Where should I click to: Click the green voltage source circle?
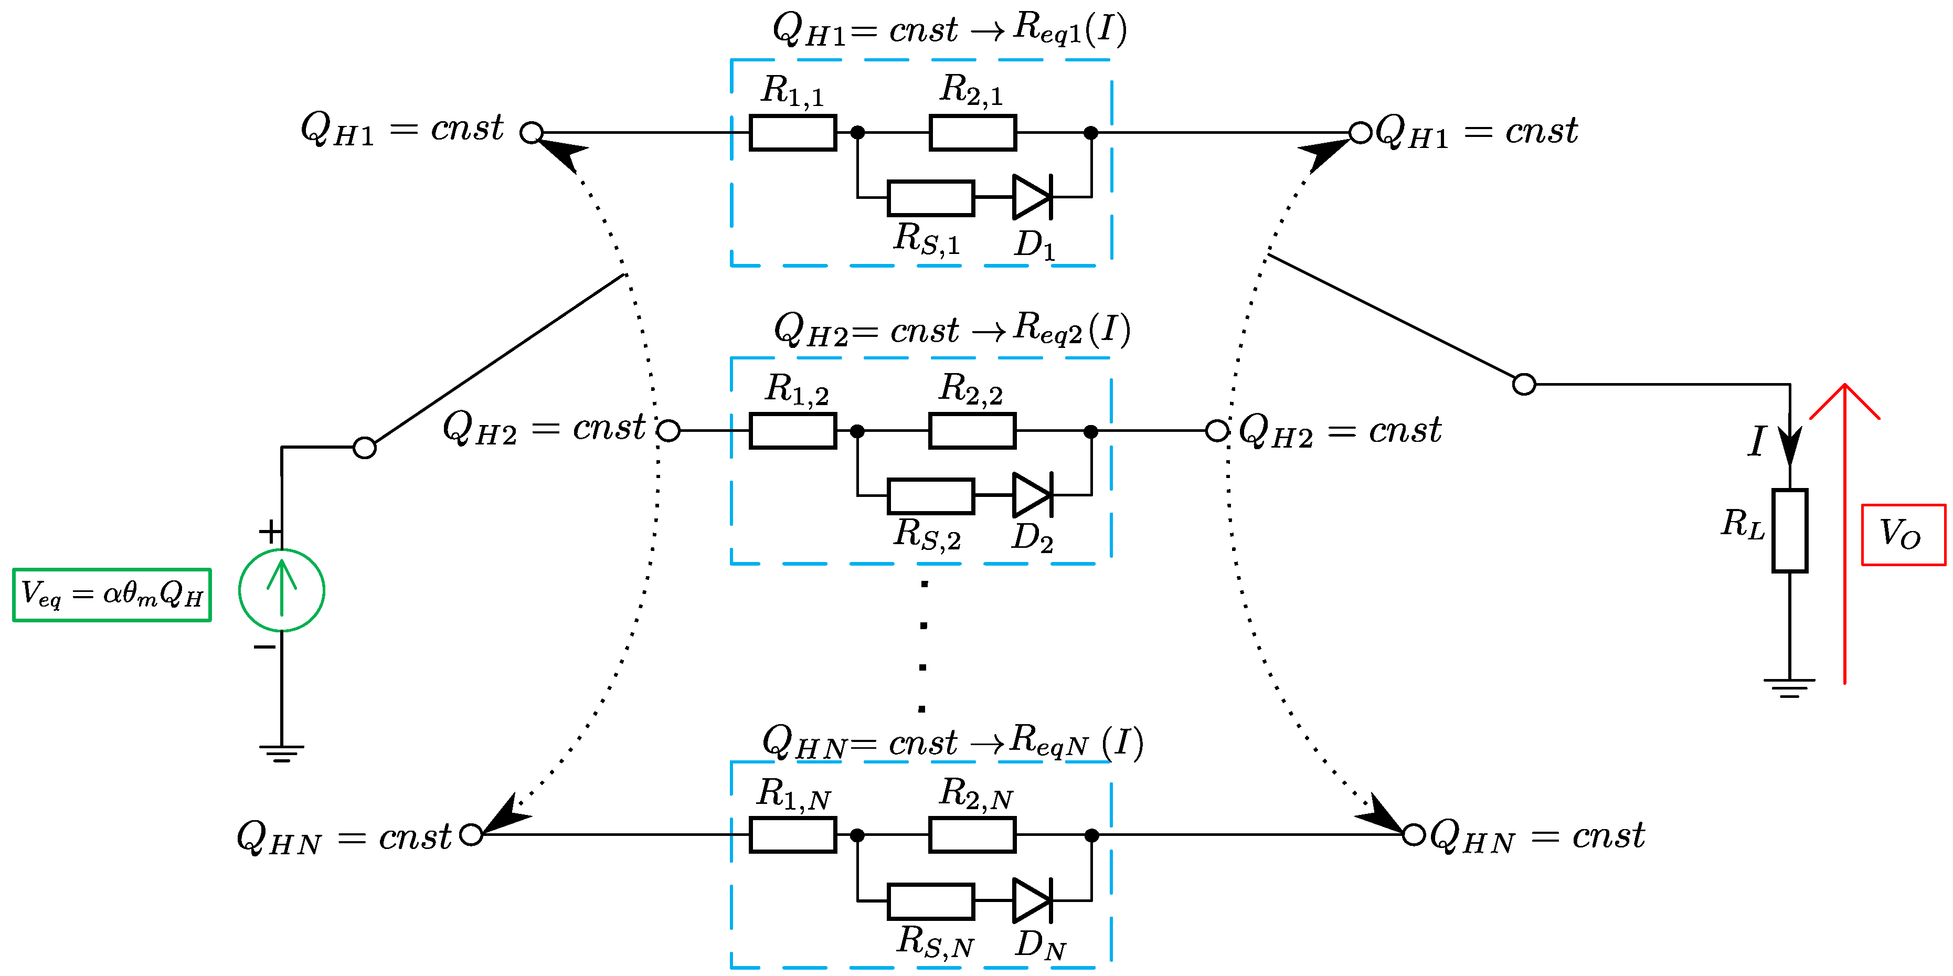point(281,590)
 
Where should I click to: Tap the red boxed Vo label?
point(1903,535)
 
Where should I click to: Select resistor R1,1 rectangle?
point(792,133)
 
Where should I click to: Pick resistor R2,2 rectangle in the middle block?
point(972,431)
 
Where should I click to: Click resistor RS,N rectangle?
point(930,901)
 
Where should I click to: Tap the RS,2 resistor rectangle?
point(930,495)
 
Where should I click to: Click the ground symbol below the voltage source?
point(281,752)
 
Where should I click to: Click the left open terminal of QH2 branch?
point(668,431)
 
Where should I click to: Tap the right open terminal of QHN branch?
point(1413,835)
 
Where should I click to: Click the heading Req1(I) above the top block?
point(1069,29)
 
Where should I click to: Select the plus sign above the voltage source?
point(270,532)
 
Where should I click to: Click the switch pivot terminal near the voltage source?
point(365,448)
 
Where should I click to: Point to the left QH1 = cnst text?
point(402,129)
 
